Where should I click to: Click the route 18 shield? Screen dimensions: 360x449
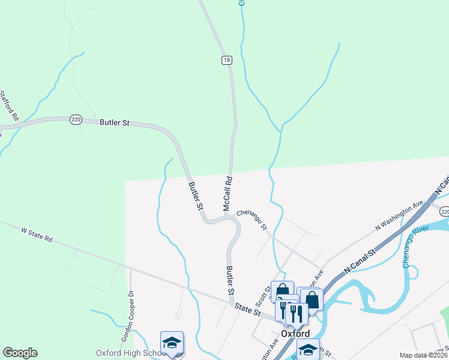coord(226,59)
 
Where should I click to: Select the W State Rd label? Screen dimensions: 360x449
coord(37,235)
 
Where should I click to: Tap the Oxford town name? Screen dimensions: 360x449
coord(295,334)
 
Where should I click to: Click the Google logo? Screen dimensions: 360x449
coord(20,353)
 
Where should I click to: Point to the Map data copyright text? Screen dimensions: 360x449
coord(424,355)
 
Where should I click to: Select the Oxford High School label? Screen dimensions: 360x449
coord(130,353)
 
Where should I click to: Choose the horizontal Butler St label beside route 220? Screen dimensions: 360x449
coord(115,122)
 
